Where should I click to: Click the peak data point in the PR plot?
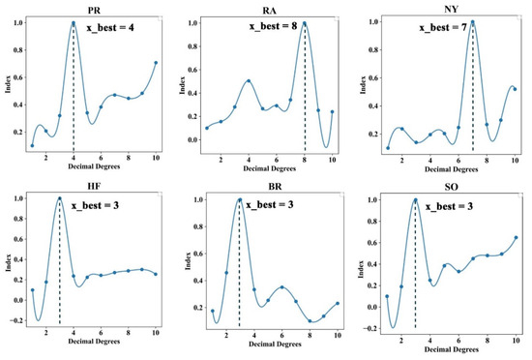pos(74,23)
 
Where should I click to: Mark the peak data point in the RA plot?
pos(305,22)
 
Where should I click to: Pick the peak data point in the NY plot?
pos(473,22)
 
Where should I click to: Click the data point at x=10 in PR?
pos(156,63)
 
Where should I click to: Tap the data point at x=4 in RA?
pos(249,81)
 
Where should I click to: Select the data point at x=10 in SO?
pos(516,237)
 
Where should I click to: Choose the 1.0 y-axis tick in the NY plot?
pos(368,22)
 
